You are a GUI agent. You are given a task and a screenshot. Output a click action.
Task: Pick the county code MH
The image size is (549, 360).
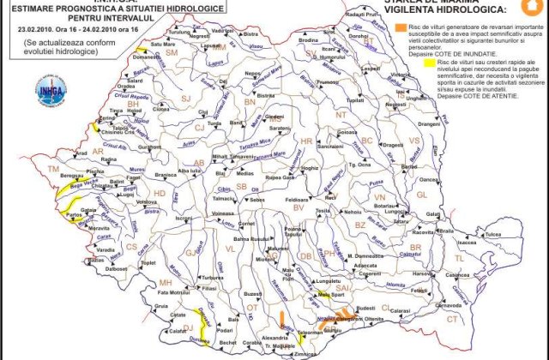click(165, 283)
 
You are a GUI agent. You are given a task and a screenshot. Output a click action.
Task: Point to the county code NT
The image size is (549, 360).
click(341, 114)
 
